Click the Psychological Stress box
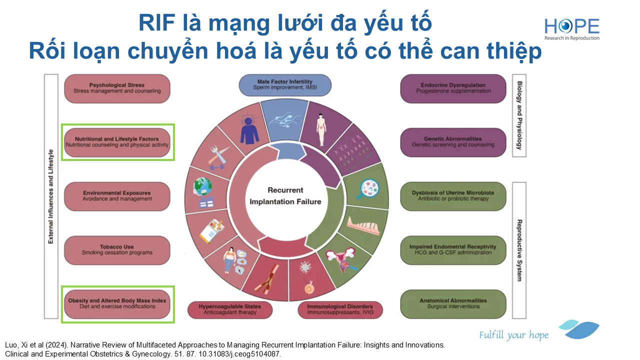(117, 88)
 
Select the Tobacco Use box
(117, 250)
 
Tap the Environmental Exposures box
(117, 196)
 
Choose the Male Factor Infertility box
(285, 85)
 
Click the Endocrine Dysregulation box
(453, 88)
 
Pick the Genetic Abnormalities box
(453, 142)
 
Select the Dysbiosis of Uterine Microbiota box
(453, 196)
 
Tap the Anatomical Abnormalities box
(453, 304)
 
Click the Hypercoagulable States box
(230, 309)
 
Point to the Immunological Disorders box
(340, 309)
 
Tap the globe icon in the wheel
(203, 192)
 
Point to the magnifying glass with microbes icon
(368, 189)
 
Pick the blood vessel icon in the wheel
(267, 279)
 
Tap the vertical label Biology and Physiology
(519, 115)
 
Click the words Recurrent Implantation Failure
(285, 196)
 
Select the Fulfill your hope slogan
(513, 335)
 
